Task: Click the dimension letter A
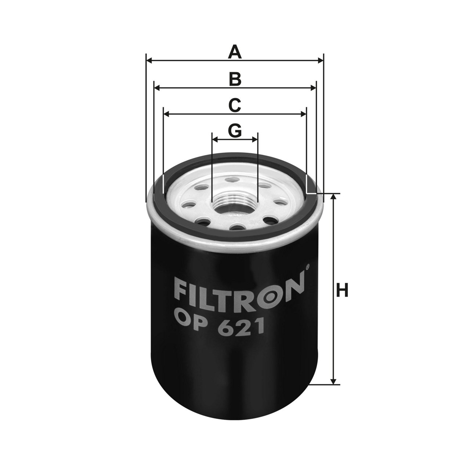pyautogui.click(x=235, y=52)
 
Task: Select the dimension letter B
pyautogui.click(x=235, y=79)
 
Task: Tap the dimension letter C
pyautogui.click(x=235, y=105)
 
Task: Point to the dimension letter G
pyautogui.click(x=235, y=131)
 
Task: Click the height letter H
pyautogui.click(x=342, y=290)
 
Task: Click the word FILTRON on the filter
pyautogui.click(x=239, y=293)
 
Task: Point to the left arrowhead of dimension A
pyautogui.click(x=149, y=61)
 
